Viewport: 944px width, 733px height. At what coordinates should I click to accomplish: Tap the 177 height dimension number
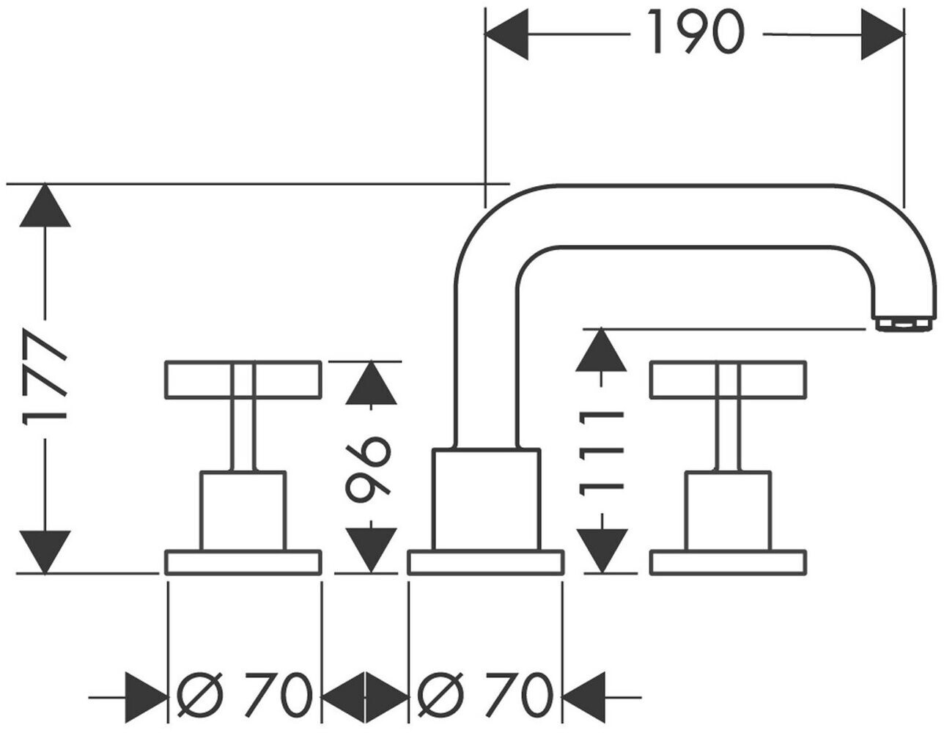45,377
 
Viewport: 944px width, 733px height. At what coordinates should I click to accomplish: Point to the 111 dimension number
601,454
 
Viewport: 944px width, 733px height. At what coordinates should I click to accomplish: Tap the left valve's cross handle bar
243,379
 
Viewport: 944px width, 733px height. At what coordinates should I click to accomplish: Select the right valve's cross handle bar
729,379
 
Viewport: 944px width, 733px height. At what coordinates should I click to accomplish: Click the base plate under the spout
486,562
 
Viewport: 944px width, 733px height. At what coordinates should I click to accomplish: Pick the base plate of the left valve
243,562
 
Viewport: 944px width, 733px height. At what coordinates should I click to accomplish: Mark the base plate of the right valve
729,562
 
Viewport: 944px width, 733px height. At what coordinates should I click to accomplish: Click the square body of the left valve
243,511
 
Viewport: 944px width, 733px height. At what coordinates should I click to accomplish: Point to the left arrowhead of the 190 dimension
506,34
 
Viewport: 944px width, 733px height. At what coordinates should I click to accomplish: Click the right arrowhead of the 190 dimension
882,34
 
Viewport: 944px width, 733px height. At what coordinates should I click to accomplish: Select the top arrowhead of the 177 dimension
45,205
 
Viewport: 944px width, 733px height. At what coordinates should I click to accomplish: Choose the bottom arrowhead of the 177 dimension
45,552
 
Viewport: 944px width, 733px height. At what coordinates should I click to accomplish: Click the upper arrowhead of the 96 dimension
371,382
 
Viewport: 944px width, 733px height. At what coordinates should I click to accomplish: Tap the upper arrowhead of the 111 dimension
601,350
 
